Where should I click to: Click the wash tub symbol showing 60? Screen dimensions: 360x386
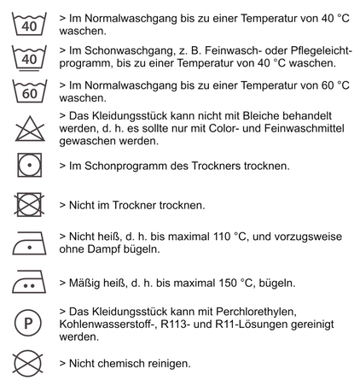click(30, 90)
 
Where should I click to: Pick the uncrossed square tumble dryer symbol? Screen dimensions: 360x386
click(30, 164)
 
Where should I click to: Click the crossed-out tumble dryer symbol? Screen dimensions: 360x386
click(30, 205)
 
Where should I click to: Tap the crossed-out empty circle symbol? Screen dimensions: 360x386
click(30, 363)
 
